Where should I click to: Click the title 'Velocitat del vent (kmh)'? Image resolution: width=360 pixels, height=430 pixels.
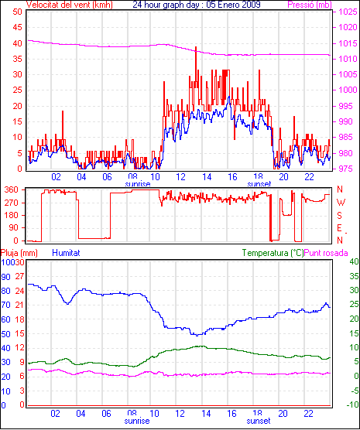coord(70,5)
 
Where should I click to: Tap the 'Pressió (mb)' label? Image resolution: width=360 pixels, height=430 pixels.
coord(310,5)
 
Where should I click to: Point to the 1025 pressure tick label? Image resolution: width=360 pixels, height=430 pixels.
coord(348,12)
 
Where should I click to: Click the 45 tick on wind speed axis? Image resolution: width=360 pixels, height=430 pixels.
coord(17,27)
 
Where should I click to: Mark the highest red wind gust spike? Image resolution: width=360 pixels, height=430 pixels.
coord(196,48)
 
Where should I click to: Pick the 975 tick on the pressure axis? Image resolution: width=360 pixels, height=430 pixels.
coord(348,169)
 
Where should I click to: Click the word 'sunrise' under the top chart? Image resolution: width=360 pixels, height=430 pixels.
coord(138,184)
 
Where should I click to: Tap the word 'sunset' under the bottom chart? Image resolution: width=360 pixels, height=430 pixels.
coord(258,421)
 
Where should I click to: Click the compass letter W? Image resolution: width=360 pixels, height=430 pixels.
coord(341,203)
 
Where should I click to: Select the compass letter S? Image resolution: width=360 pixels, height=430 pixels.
coord(340,216)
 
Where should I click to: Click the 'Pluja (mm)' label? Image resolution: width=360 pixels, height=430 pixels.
coord(19,253)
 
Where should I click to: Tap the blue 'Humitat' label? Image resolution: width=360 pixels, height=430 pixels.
coord(66,253)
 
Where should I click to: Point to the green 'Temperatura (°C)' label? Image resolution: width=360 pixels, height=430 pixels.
coord(273,253)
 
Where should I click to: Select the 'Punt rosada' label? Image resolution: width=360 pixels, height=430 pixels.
coord(326,253)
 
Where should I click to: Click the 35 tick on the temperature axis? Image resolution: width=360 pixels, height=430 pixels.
coord(355,276)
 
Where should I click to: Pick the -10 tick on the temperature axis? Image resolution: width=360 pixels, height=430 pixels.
coord(353,404)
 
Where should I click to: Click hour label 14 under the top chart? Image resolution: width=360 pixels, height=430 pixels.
coord(207,177)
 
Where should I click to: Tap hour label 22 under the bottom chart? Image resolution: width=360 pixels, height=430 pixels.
coord(308,414)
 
